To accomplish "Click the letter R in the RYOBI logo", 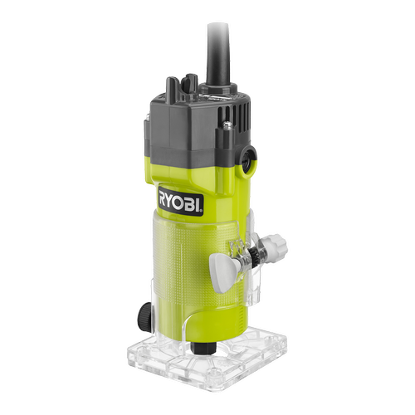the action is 163,197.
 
